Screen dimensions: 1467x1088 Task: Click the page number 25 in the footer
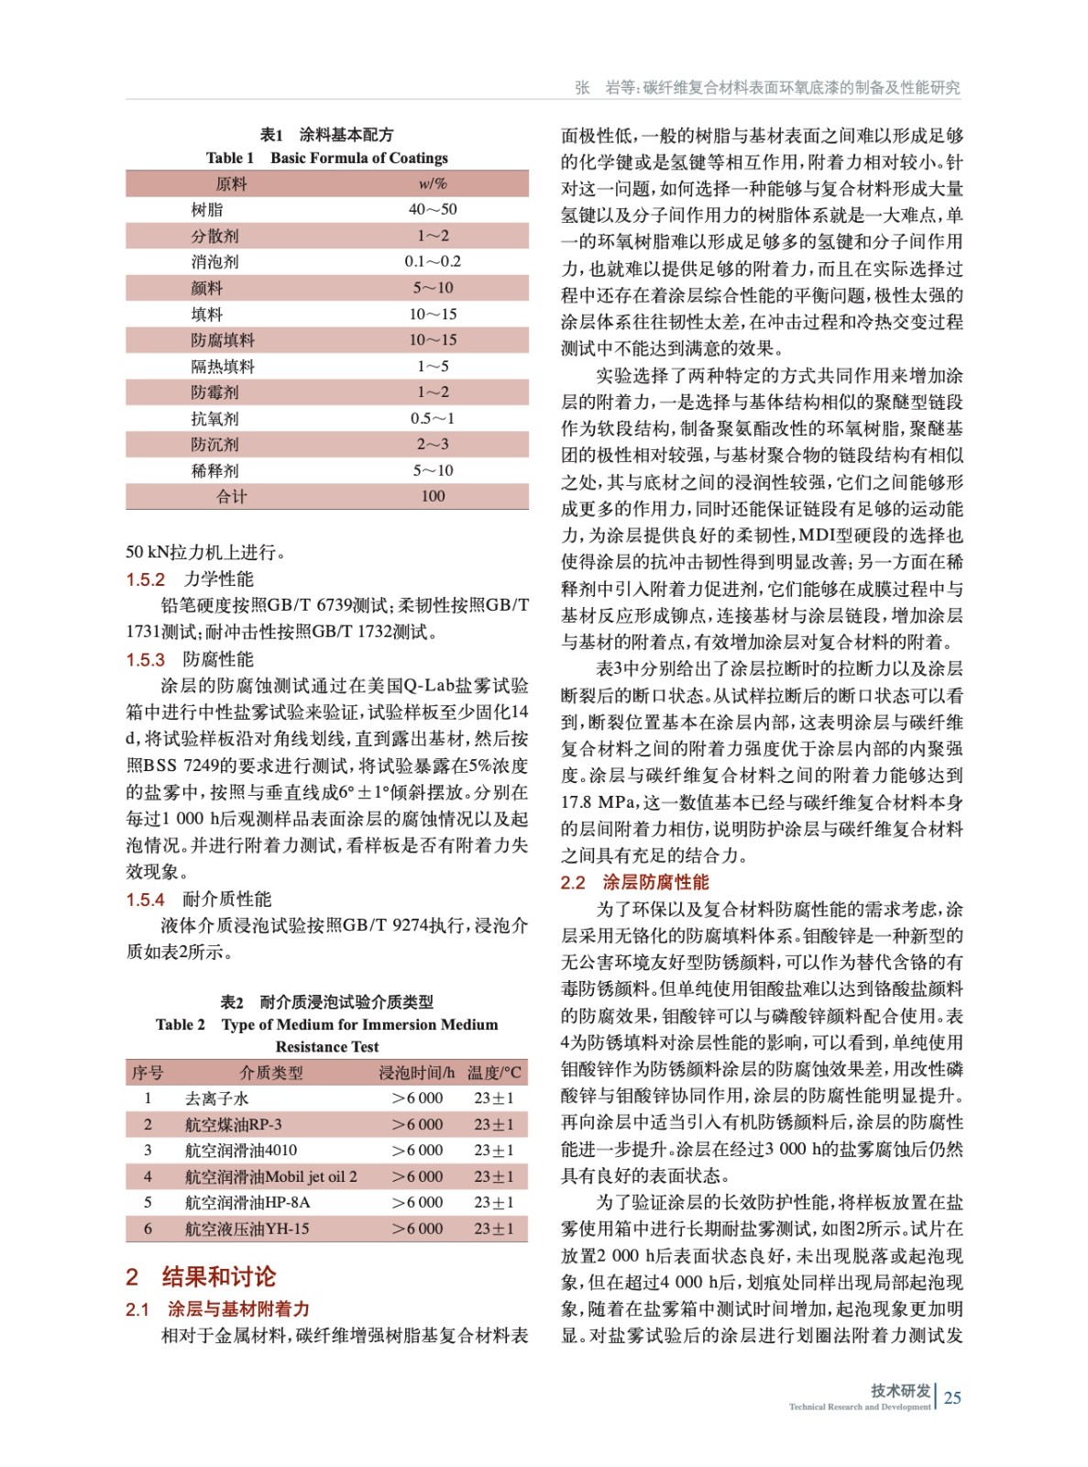coord(952,1397)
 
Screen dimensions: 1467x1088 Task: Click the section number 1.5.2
coord(145,579)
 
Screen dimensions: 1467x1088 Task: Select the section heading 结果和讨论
coord(218,1276)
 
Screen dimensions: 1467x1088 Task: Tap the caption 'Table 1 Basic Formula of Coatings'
coord(326,158)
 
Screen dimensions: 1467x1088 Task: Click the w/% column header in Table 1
coord(433,183)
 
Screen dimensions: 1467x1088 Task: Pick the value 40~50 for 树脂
coord(433,209)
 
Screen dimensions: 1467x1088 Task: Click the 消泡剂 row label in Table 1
coord(214,261)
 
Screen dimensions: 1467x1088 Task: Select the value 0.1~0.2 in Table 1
coord(433,261)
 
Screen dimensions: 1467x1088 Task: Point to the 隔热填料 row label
coord(223,366)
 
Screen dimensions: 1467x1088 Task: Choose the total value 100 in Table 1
coord(433,496)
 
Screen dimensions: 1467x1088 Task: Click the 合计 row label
coord(231,496)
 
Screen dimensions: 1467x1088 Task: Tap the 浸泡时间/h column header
coord(416,1072)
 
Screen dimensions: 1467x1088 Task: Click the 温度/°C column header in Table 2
coord(494,1072)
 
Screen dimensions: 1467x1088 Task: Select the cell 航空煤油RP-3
coord(233,1124)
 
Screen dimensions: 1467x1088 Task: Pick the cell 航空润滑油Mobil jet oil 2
coord(270,1176)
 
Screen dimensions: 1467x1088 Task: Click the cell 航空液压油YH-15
coord(247,1229)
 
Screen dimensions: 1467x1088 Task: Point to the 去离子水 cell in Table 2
coord(216,1097)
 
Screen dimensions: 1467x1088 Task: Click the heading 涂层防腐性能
coord(655,882)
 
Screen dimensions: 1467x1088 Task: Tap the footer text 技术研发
coord(900,1391)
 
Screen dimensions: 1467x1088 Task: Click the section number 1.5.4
coord(145,899)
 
